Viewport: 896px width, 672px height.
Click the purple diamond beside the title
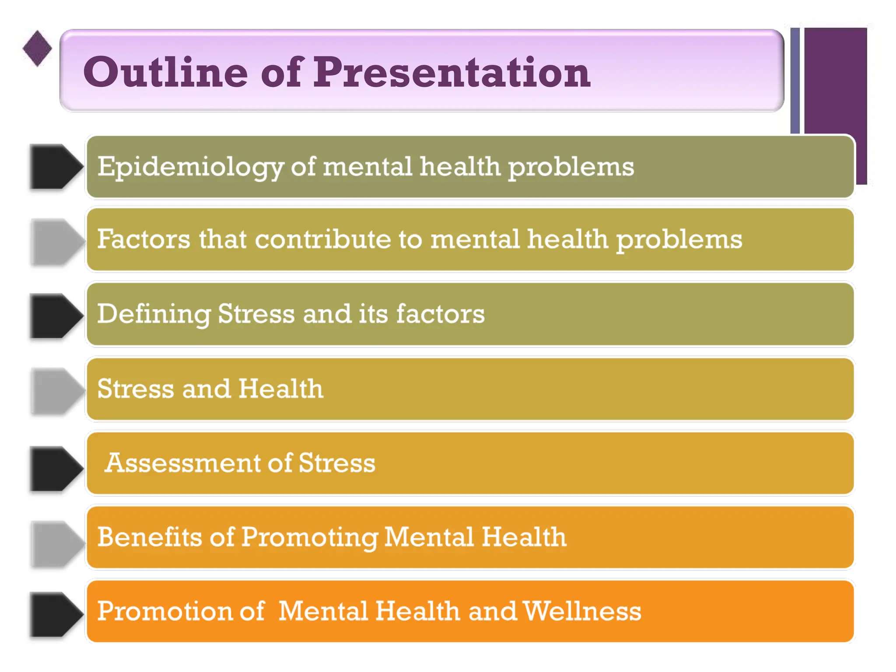(37, 48)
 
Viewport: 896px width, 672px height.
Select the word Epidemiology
(190, 167)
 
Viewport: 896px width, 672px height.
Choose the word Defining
(154, 314)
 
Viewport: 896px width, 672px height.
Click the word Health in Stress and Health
(281, 388)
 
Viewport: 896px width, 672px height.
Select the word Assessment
(183, 463)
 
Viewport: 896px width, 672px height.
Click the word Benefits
(150, 537)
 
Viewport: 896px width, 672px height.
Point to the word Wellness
(582, 611)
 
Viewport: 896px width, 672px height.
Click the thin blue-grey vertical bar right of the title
(795, 80)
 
